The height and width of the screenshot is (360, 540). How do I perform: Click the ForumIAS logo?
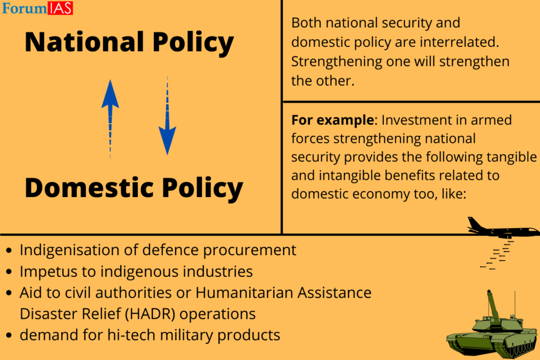click(37, 8)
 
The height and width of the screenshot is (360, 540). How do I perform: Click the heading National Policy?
click(129, 42)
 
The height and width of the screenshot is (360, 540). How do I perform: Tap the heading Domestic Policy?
click(133, 188)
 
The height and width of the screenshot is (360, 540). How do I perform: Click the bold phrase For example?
click(332, 120)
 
